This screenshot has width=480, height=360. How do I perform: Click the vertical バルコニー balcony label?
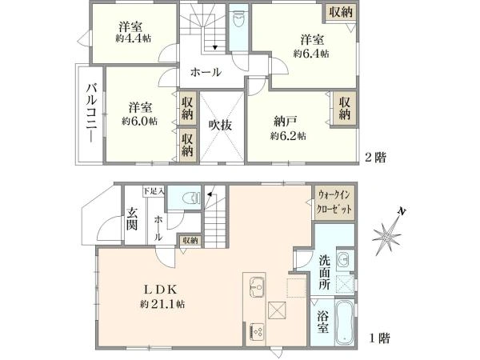[89, 114]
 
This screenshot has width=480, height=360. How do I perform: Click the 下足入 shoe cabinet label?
[153, 191]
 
